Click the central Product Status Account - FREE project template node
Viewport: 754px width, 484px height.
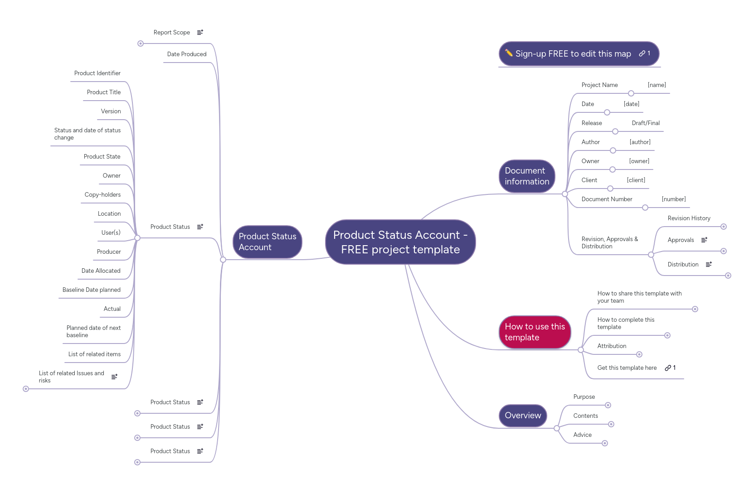click(400, 242)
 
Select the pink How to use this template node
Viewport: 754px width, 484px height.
click(535, 332)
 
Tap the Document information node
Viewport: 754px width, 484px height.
click(527, 176)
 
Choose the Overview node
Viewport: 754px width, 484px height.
click(523, 416)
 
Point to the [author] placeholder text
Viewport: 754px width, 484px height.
click(640, 142)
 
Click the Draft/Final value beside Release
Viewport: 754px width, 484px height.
click(646, 123)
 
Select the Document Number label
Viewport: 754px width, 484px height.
click(607, 199)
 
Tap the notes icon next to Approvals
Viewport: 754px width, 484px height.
click(704, 240)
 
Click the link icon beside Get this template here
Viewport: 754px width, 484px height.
click(668, 368)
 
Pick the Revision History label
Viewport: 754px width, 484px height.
click(689, 218)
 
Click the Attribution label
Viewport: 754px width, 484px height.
click(612, 346)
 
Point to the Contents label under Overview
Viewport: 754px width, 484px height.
click(585, 416)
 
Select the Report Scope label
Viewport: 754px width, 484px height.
click(171, 33)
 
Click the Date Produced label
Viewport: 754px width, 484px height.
click(186, 54)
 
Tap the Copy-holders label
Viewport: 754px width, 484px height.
click(102, 195)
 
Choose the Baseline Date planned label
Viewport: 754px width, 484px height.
click(91, 290)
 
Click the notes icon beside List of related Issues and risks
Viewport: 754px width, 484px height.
click(114, 377)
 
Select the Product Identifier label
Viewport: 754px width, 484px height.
click(97, 73)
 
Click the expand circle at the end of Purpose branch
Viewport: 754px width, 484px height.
click(608, 405)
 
